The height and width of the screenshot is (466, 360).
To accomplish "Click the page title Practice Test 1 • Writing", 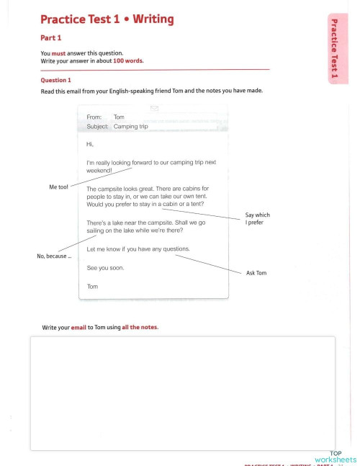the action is click(x=107, y=19).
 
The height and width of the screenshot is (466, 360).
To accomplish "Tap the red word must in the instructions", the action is click(x=59, y=53).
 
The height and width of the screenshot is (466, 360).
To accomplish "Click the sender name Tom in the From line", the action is click(x=119, y=117).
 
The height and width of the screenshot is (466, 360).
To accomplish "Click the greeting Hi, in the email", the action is click(x=90, y=144).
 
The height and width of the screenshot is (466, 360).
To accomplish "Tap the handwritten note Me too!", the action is click(x=58, y=187).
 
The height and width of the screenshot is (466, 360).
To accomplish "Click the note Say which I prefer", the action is click(x=257, y=219).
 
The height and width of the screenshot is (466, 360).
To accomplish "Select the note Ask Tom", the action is click(x=256, y=274).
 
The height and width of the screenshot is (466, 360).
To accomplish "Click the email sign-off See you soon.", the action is click(x=105, y=268).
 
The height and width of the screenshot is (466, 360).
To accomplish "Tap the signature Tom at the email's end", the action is click(x=92, y=286).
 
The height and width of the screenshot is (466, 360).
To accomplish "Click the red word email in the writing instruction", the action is click(x=78, y=328).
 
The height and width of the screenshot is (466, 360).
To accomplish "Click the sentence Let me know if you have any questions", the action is click(x=138, y=248).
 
